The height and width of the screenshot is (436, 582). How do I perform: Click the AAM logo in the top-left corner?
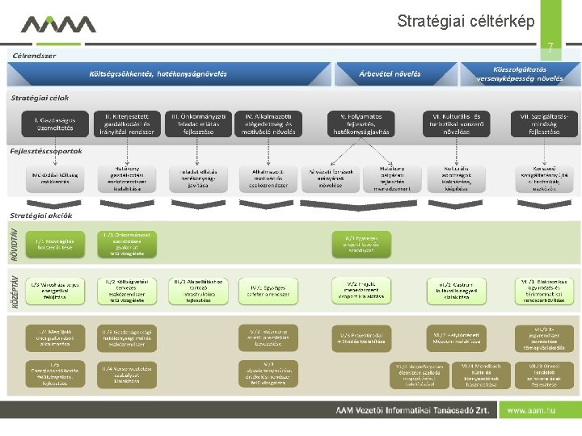(x=58, y=26)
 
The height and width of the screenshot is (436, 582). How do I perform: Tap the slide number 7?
(x=550, y=49)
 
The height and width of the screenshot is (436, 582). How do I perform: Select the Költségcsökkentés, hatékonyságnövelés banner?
(x=158, y=74)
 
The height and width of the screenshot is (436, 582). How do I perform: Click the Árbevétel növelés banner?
(x=390, y=74)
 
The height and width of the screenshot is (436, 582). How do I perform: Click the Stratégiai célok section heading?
(x=40, y=98)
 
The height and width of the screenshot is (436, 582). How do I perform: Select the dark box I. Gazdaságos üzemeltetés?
(x=48, y=123)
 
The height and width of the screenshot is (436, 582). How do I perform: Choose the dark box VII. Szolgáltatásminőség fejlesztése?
(x=546, y=123)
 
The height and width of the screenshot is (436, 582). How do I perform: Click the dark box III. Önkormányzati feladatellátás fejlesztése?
(x=198, y=123)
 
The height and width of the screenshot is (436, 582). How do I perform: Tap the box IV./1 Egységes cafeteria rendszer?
(x=268, y=291)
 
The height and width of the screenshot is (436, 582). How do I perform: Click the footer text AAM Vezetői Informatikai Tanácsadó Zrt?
(x=413, y=410)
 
